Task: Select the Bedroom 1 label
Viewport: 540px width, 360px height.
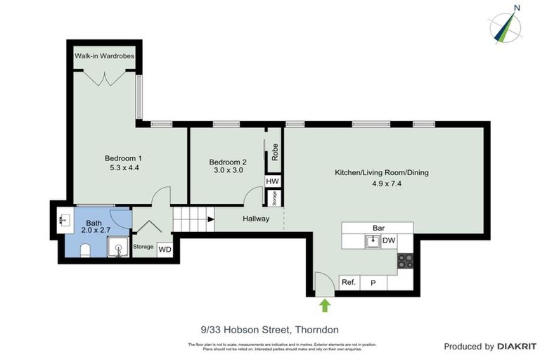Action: (124, 158)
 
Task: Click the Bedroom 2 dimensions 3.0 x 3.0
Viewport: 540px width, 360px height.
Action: (227, 170)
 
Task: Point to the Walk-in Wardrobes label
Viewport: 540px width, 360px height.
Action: (105, 56)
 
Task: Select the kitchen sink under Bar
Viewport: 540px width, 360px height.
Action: (372, 241)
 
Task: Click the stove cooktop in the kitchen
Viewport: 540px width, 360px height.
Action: (405, 262)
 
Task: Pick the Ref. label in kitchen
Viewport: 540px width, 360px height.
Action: (348, 283)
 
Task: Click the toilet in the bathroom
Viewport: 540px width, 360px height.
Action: (84, 250)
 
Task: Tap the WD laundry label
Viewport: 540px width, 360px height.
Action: (165, 249)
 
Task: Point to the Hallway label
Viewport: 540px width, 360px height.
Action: (256, 219)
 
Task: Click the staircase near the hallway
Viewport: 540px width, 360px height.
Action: (191, 219)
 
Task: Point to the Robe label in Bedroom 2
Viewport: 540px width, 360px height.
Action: (275, 153)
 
